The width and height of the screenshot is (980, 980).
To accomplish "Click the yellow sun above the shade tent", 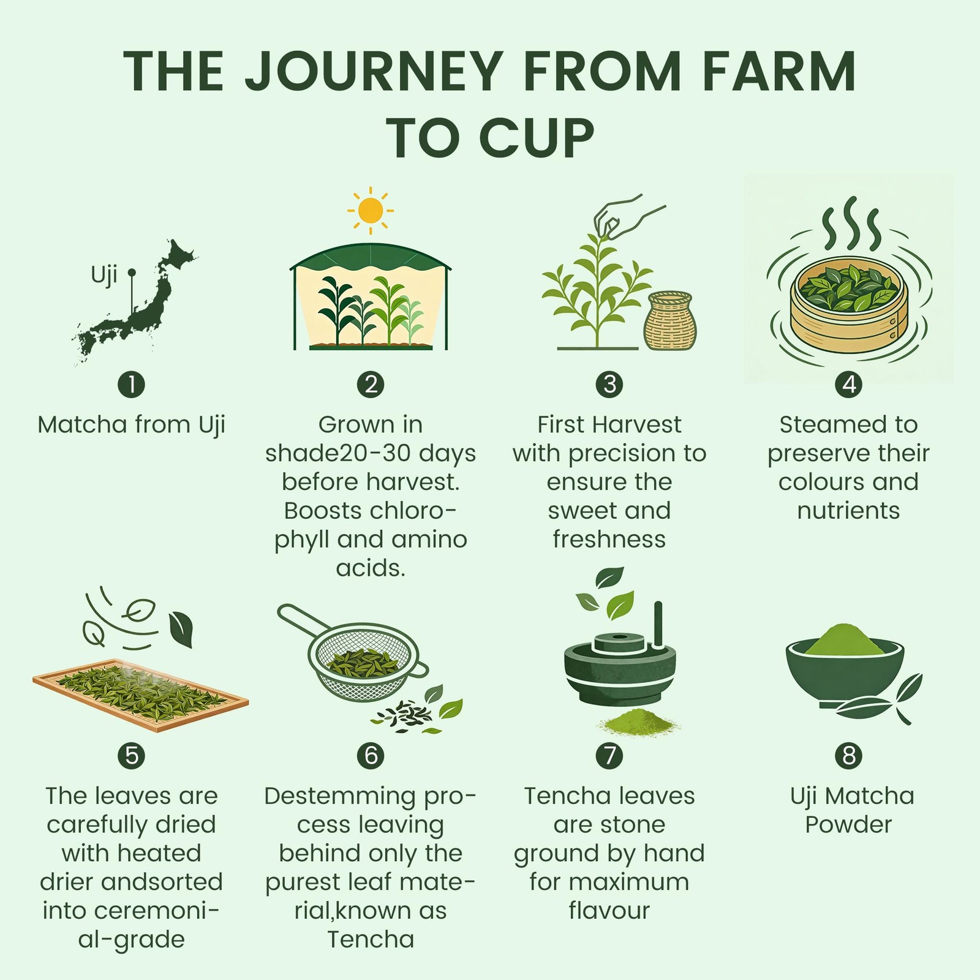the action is [x=371, y=211].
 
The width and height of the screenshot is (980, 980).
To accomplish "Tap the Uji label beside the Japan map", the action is [x=104, y=275].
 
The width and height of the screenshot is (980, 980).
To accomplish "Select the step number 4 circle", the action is [x=848, y=384].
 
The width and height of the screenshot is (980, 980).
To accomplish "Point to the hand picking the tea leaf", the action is [x=628, y=217].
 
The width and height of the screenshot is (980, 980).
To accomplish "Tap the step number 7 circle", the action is [x=609, y=755].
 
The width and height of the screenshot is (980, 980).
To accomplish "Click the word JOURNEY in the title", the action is [x=374, y=71].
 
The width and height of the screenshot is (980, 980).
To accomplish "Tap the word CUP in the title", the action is [x=536, y=138].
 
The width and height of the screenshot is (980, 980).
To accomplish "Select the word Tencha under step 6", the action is [x=371, y=939].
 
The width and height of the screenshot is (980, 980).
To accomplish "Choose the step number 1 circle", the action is [x=131, y=384].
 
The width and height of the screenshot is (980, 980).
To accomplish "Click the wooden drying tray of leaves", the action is [x=140, y=695].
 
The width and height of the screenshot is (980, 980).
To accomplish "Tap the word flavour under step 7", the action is [x=609, y=910].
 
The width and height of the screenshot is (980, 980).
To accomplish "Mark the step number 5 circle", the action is [x=131, y=755].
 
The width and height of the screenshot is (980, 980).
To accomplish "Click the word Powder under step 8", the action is [x=848, y=824].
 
